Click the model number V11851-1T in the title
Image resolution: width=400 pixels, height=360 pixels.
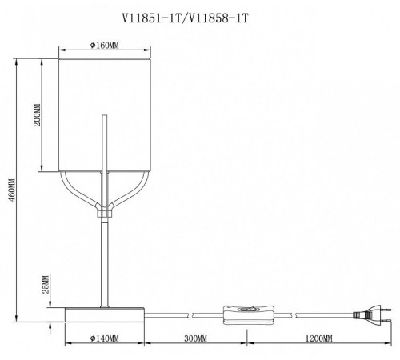[x=151, y=18]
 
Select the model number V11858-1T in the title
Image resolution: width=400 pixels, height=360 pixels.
[x=218, y=18]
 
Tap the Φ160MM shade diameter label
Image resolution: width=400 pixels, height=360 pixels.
[x=105, y=46]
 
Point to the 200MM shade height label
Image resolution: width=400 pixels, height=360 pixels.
[x=37, y=115]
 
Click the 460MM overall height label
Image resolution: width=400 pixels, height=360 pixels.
[x=12, y=190]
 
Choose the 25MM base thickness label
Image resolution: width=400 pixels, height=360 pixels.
[x=46, y=284]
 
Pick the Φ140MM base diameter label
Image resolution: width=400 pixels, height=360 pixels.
[x=105, y=338]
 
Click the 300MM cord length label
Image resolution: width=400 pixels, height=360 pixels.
[x=195, y=338]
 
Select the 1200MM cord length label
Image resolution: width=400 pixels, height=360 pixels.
[x=318, y=338]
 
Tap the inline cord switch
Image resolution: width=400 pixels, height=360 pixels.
[x=249, y=314]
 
